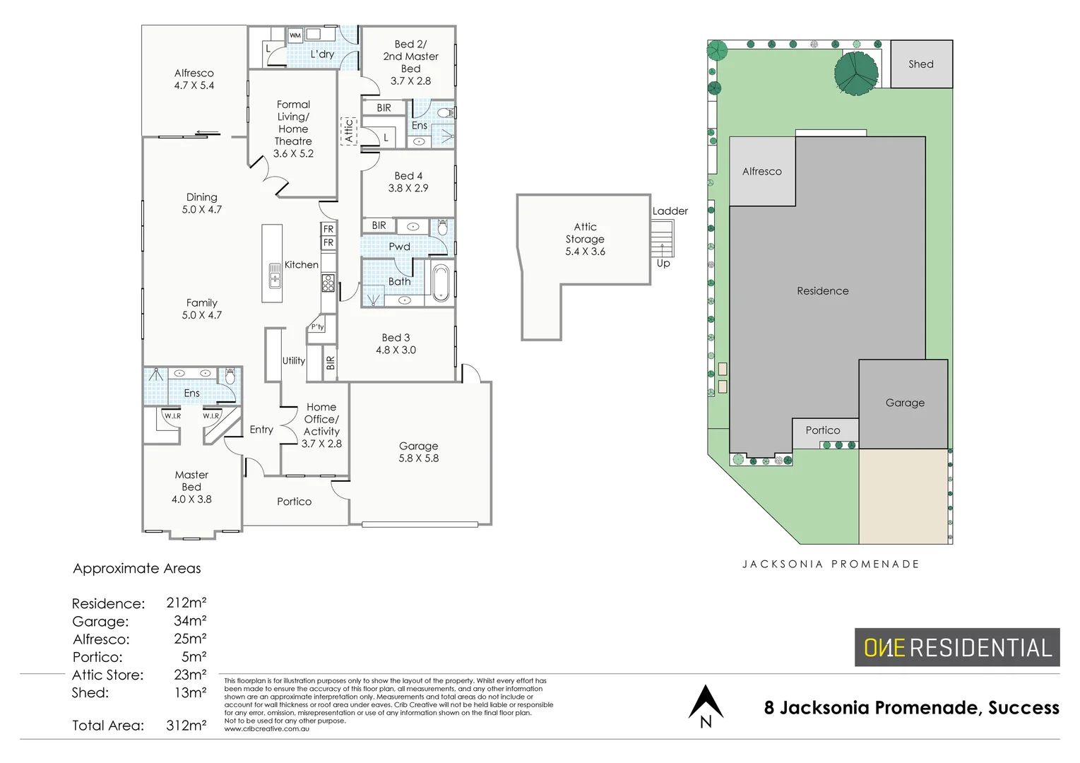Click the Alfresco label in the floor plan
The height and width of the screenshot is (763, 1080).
click(x=194, y=79)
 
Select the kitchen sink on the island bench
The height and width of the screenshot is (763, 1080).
click(x=275, y=276)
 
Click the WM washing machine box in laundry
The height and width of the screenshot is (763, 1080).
click(x=295, y=35)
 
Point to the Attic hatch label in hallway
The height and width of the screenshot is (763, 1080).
click(x=348, y=131)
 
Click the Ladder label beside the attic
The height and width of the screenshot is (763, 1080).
click(x=670, y=211)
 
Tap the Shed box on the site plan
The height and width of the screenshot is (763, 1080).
click(x=921, y=64)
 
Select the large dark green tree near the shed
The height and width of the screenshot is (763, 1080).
click(x=855, y=71)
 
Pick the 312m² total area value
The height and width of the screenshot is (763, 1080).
click(x=186, y=725)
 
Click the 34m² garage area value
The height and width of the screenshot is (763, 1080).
click(x=190, y=621)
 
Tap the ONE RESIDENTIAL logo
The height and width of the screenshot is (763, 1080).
click(x=957, y=647)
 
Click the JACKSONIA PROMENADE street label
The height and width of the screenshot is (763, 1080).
click(x=831, y=564)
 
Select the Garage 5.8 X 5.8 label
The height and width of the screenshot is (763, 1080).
click(x=418, y=452)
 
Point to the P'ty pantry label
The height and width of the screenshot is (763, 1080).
click(x=318, y=327)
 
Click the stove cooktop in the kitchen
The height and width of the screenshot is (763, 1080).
click(x=328, y=283)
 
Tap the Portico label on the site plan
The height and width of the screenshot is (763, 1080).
click(x=823, y=430)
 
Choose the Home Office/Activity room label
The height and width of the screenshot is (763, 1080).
click(x=321, y=425)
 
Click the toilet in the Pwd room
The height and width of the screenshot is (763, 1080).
click(x=443, y=227)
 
